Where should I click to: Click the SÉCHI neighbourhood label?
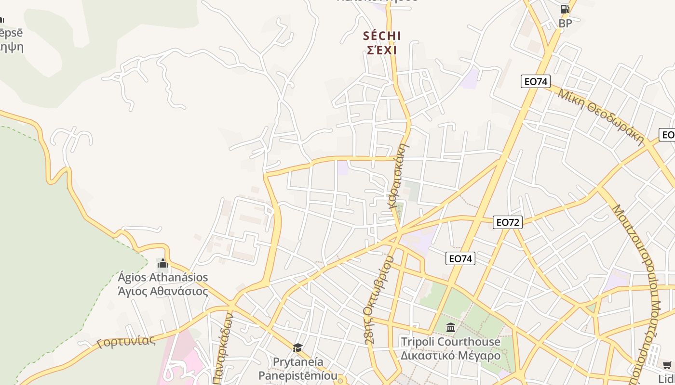tap(382, 36)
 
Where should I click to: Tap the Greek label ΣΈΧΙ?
tap(382, 50)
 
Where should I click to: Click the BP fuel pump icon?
tap(565, 9)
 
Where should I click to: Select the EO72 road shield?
tap(508, 222)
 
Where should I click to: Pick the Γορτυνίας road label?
tap(126, 341)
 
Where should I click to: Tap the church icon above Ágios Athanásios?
tap(162, 263)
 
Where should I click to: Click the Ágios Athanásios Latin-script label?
tap(162, 277)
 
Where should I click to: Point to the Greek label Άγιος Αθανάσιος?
tap(162, 291)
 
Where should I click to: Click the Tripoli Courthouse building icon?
tap(451, 328)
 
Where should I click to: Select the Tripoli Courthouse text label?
tap(451, 342)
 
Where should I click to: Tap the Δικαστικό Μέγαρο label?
tap(451, 356)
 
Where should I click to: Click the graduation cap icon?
tap(298, 347)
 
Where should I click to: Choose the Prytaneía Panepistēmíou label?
tap(298, 368)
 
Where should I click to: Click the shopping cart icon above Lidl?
tap(667, 364)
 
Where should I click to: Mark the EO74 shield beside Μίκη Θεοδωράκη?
tap(536, 81)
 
